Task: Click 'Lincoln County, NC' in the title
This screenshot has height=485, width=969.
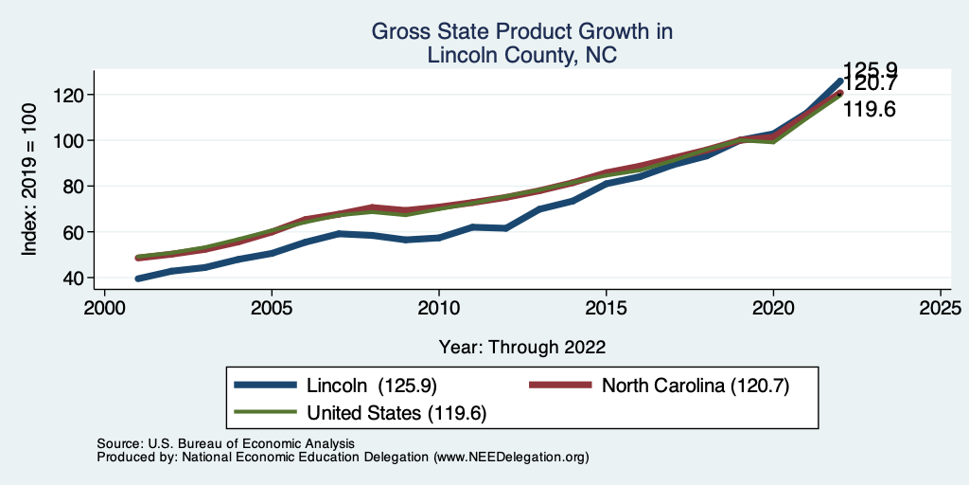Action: pos(521,55)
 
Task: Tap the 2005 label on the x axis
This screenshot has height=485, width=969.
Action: pos(272,310)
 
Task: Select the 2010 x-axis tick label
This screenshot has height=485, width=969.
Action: pos(438,310)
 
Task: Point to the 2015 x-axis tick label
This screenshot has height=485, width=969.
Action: pos(606,310)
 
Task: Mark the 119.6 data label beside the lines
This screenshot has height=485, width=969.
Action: pos(870,110)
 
